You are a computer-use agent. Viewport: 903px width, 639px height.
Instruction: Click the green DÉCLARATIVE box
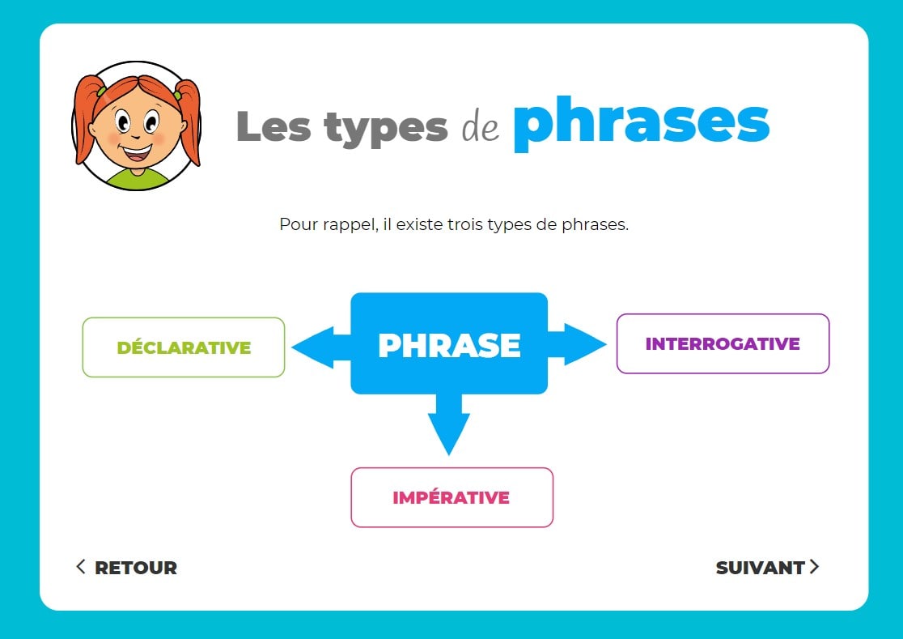[x=184, y=347]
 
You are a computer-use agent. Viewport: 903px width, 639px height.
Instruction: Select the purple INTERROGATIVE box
[x=723, y=343]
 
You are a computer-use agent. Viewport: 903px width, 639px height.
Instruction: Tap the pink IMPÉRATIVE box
[x=451, y=497]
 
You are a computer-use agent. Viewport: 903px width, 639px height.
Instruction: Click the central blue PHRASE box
[x=449, y=344]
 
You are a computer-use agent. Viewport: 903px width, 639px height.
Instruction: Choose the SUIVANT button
[x=760, y=568]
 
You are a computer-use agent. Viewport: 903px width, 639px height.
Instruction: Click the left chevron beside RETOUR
[x=81, y=566]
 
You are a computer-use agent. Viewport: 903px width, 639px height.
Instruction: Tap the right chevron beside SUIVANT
[x=814, y=567]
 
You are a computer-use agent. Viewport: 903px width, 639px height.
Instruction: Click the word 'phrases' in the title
[x=641, y=123]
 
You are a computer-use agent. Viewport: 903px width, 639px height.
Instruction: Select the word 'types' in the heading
[x=386, y=127]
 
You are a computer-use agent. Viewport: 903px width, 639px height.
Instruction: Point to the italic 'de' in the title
[x=481, y=127]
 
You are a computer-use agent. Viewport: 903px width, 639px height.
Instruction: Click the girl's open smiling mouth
[x=136, y=151]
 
